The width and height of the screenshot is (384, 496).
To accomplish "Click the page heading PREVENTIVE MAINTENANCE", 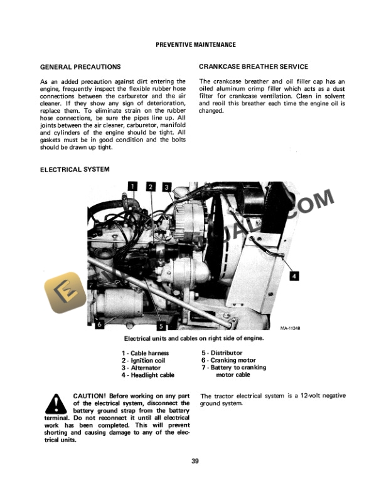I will pyautogui.click(x=196, y=45).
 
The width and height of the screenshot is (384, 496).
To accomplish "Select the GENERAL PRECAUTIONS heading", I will pyautogui.click(x=80, y=66).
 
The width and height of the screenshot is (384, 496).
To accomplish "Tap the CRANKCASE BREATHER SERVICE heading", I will pyautogui.click(x=253, y=66).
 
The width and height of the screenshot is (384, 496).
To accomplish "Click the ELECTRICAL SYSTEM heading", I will pyautogui.click(x=75, y=169).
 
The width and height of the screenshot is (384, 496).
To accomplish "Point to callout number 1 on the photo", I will pyautogui.click(x=132, y=185).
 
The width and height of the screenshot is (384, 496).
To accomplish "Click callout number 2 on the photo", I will pyautogui.click(x=151, y=185).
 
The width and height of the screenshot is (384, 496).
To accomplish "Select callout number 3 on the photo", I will pyautogui.click(x=166, y=186).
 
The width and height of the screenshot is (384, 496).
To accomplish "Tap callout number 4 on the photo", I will pyautogui.click(x=294, y=275).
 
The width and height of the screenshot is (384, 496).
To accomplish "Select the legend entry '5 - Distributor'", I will pyautogui.click(x=221, y=353).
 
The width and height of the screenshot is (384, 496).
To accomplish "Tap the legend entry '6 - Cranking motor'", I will pyautogui.click(x=228, y=361).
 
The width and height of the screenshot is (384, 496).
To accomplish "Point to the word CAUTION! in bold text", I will pyautogui.click(x=90, y=396).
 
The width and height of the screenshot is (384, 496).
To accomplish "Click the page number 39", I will pyautogui.click(x=195, y=462).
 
